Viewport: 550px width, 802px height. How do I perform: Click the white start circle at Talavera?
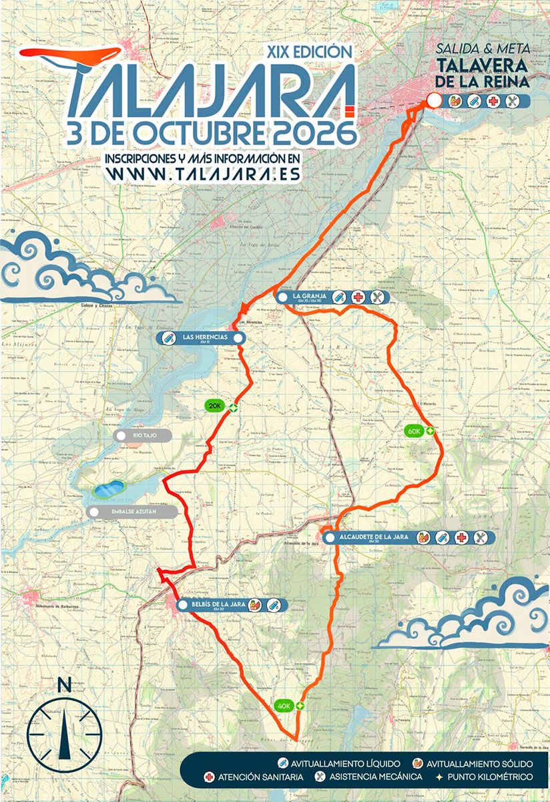coord(433,101)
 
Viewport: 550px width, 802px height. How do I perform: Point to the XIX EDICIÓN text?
coord(308,51)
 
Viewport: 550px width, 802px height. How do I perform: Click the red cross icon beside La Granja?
coord(358,297)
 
